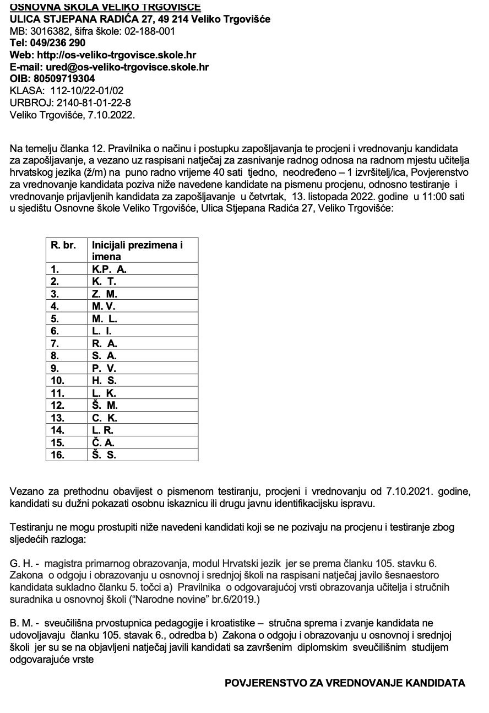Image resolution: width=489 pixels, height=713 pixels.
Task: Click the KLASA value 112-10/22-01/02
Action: pos(87,90)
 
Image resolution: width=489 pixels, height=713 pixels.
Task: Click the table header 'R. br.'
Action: pos(63,245)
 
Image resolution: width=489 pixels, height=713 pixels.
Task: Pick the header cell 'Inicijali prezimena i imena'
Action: pos(137,251)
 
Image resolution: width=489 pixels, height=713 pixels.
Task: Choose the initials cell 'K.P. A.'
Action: pos(109,269)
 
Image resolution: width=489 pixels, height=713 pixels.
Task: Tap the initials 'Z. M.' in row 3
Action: pos(104,294)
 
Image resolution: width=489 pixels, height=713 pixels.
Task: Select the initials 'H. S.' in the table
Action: pos(104,380)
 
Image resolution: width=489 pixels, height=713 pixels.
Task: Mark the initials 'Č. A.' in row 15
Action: pos(104,442)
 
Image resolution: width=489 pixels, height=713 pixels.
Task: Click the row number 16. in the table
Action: pos(57,455)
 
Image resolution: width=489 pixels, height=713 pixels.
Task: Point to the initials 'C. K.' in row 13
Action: pos(105,418)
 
